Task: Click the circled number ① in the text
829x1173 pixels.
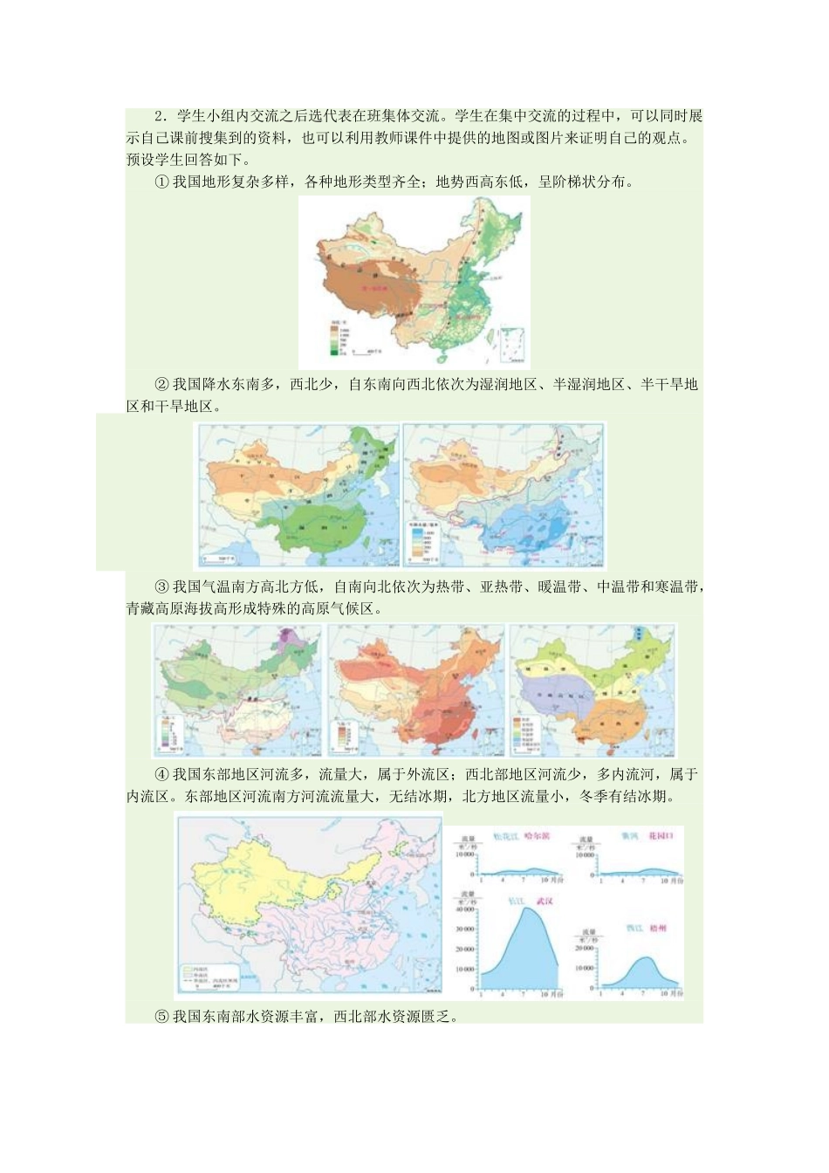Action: pyautogui.click(x=161, y=182)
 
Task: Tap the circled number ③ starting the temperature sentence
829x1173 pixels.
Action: pyautogui.click(x=161, y=587)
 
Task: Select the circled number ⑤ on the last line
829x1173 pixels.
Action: pyautogui.click(x=161, y=1016)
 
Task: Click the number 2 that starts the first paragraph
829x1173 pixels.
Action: pyautogui.click(x=160, y=117)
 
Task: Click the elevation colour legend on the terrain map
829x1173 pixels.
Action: pyautogui.click(x=337, y=338)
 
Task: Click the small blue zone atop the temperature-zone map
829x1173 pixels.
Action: pyautogui.click(x=642, y=635)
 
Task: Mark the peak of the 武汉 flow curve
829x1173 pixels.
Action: pyautogui.click(x=527, y=909)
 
